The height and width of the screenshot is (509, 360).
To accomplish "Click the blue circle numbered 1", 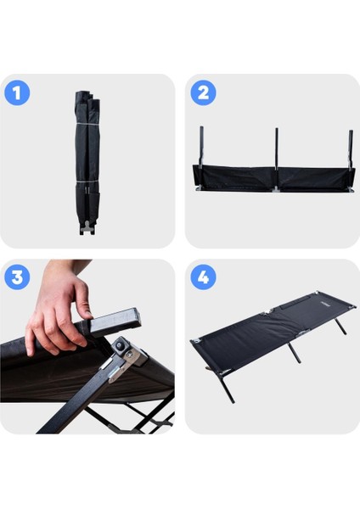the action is [17, 92].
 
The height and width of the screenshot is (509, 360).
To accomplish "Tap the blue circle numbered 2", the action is [203, 92].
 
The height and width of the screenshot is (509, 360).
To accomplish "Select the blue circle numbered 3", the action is [17, 277].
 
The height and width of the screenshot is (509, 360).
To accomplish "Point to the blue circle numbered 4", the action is [203, 277].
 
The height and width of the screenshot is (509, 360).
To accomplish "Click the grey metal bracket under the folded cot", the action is [87, 227].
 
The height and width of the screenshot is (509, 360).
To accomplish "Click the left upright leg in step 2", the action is [201, 147].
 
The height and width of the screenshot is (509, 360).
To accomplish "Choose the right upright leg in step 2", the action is [351, 149].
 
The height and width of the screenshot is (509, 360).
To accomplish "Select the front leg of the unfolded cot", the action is [227, 387].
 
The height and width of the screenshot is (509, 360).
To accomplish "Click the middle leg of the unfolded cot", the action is [295, 353].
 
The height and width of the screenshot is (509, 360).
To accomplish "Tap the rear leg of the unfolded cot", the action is [340, 327].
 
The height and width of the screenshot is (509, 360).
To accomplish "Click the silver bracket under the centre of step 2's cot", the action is [276, 189].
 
